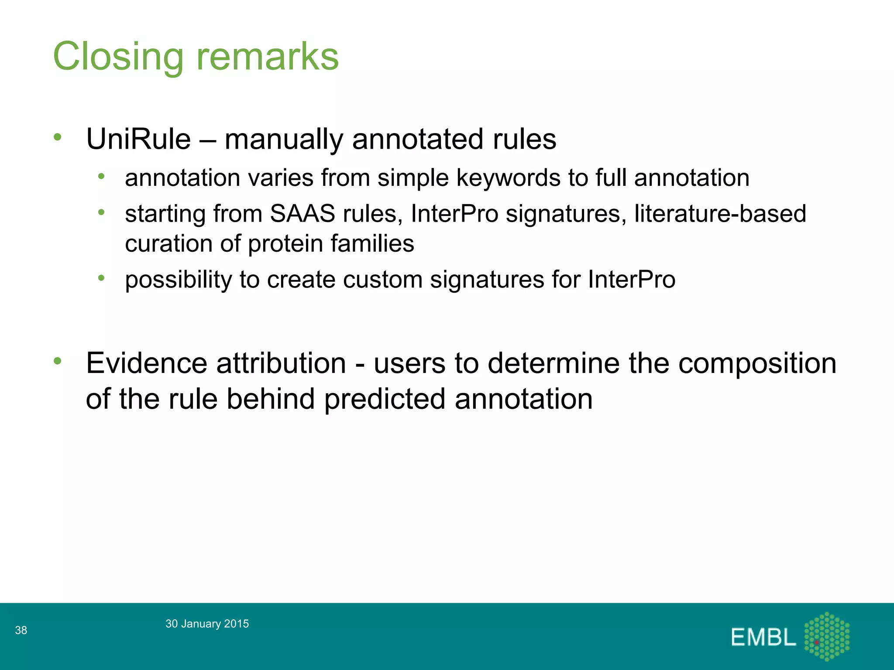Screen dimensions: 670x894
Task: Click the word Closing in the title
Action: click(x=118, y=57)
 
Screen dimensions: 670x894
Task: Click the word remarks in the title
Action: click(x=267, y=57)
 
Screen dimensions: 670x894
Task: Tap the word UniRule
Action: click(x=138, y=140)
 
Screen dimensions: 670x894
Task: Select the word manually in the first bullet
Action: click(x=284, y=140)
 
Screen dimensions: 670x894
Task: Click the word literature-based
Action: click(x=720, y=214)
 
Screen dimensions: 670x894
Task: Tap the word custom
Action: click(x=382, y=280)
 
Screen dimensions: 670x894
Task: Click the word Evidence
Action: click(x=146, y=363)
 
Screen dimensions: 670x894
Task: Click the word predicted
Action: click(x=385, y=399)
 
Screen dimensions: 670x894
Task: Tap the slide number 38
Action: click(x=21, y=630)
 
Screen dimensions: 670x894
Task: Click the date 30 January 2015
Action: click(x=207, y=624)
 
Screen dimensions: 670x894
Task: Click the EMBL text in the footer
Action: click(x=763, y=637)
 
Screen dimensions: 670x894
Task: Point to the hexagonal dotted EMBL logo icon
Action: click(x=827, y=636)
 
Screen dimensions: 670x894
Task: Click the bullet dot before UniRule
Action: click(x=58, y=137)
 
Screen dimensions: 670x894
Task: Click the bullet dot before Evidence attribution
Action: click(x=58, y=361)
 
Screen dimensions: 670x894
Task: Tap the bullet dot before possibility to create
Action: click(x=102, y=278)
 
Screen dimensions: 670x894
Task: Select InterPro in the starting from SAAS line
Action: click(x=454, y=214)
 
